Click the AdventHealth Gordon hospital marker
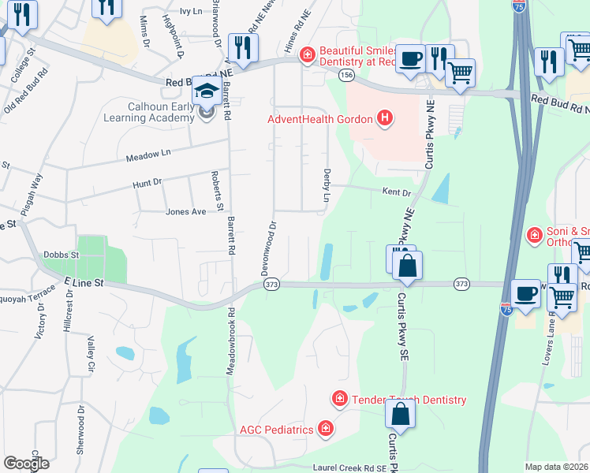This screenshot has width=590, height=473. coord(385,119)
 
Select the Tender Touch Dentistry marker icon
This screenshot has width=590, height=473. coord(340,400)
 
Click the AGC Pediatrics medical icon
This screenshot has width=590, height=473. coord(325,430)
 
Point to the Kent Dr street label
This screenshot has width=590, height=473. coord(397,192)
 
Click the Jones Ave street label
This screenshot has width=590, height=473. coord(185,211)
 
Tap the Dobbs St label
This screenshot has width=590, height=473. coord(62,255)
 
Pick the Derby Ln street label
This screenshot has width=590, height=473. coord(326,184)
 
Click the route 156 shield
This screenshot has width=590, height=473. coord(346,74)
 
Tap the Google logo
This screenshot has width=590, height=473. coord(26,464)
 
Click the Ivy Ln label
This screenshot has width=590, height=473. coord(191,11)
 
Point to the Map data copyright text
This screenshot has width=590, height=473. coord(557,467)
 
